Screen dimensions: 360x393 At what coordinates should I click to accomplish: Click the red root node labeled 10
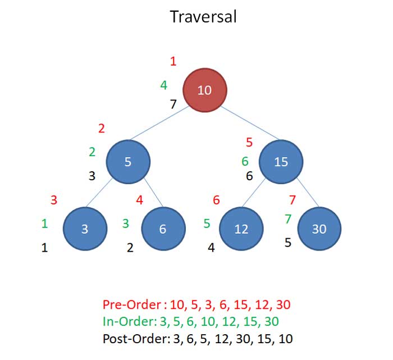pos(205,90)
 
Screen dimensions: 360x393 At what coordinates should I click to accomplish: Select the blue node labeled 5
pos(128,162)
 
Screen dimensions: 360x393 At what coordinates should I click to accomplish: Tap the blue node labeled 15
pos(281,162)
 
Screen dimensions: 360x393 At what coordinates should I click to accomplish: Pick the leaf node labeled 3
pos(85,229)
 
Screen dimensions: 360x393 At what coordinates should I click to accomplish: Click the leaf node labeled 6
pos(163,229)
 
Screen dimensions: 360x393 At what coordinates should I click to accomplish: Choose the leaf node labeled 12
pos(241,229)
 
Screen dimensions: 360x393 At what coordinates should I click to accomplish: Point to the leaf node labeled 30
pos(319,229)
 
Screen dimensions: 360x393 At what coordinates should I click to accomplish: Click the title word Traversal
pos(203,17)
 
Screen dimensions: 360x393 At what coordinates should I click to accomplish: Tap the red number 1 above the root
pos(173,61)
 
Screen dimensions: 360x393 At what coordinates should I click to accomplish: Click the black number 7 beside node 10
pos(173,103)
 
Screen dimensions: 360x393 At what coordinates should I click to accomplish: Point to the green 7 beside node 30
pos(288,219)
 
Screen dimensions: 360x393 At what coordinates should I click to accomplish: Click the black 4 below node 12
pos(211,247)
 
